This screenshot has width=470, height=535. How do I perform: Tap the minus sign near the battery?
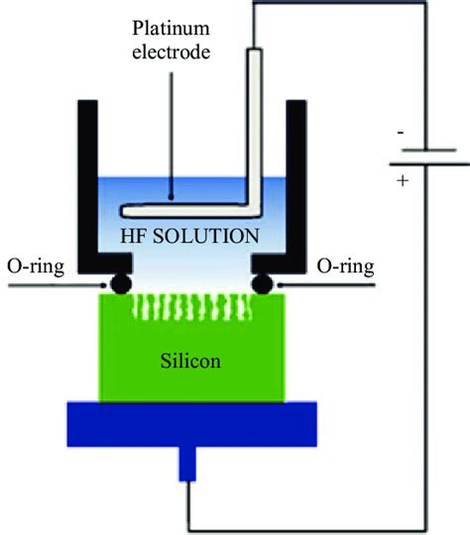click(401, 132)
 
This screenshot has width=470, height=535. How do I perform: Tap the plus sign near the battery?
click(401, 182)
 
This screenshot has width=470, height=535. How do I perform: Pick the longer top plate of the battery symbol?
click(421, 149)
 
